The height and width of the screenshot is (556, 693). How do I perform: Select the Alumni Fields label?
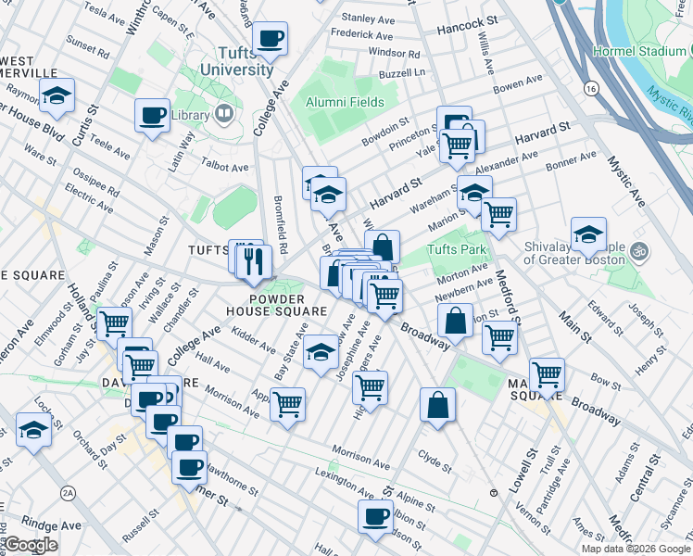[346, 102]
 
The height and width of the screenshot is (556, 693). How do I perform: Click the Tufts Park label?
[456, 249]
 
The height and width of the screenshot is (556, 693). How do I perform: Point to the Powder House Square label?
[264, 305]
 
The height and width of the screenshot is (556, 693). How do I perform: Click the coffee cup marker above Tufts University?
[271, 39]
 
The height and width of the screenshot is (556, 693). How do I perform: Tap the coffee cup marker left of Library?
[152, 116]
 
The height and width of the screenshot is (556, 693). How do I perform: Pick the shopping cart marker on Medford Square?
[547, 375]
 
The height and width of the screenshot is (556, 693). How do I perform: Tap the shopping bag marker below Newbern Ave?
[455, 321]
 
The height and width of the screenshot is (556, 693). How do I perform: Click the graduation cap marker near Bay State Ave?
[321, 352]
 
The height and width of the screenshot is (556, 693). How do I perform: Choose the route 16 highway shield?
[589, 87]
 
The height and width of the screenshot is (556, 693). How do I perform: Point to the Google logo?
[31, 545]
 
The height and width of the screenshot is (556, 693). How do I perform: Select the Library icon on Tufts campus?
[222, 114]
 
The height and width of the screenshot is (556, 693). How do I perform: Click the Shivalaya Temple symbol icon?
[638, 250]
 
